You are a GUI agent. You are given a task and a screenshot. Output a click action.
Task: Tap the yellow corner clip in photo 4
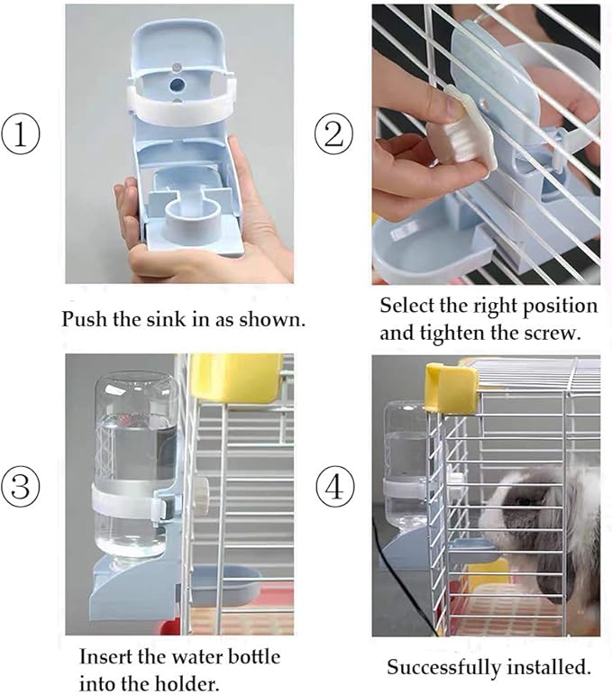point(452,388)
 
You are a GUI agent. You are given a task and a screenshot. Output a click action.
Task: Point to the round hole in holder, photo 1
point(178,83)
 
